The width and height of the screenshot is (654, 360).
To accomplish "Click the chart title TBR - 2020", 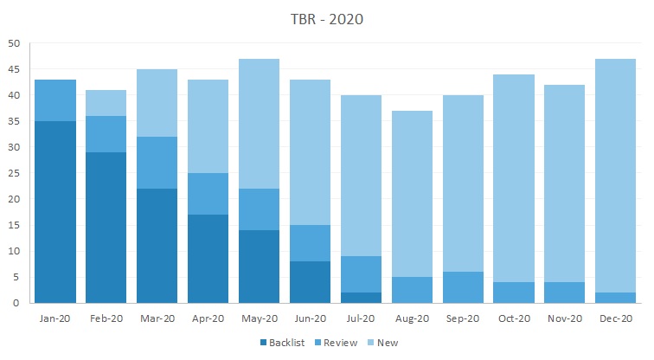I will (x=327, y=19).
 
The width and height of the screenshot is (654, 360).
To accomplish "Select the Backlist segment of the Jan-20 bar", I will (x=54, y=212).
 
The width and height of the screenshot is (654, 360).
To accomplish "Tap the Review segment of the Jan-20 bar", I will (x=54, y=100).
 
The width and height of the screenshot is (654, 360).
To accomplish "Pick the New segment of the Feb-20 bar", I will (x=106, y=103).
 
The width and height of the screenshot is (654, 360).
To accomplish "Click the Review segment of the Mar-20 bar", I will (x=157, y=163).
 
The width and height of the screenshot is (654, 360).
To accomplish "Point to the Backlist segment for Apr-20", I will (x=208, y=259).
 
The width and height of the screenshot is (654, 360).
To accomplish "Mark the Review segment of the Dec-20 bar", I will (x=616, y=298).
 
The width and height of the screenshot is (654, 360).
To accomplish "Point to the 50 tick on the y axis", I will (x=14, y=43).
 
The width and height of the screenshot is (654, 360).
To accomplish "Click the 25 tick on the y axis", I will (x=14, y=173).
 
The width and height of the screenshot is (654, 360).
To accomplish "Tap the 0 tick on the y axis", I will (x=16, y=304).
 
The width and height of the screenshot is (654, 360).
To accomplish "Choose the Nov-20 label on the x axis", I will (x=565, y=318).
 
